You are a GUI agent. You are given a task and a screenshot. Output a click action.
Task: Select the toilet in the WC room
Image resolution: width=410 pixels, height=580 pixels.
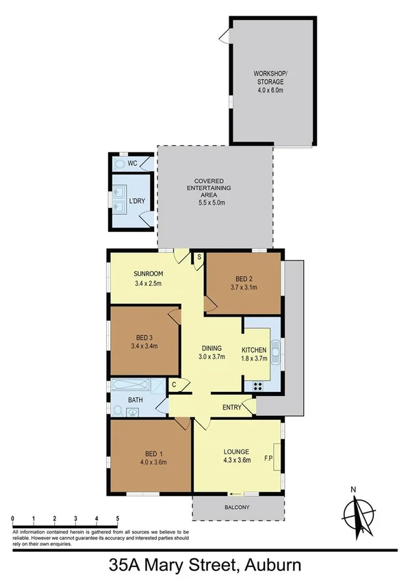point(120,165)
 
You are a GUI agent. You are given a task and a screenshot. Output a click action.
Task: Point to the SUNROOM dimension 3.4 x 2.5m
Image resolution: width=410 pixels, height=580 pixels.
point(147,283)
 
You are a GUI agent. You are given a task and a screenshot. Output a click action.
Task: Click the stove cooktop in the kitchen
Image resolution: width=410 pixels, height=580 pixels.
point(260,386)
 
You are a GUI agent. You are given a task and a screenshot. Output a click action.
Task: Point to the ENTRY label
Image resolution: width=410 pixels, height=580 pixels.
point(231,408)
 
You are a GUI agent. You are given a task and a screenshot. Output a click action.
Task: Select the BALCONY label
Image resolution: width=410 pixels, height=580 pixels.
point(238,507)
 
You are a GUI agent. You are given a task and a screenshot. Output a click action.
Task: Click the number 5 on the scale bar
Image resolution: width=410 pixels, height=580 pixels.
point(118,519)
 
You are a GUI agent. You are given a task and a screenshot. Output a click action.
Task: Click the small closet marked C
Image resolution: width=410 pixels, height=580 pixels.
point(175,386)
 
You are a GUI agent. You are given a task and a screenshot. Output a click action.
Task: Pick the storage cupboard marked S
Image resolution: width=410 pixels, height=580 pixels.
point(198,256)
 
